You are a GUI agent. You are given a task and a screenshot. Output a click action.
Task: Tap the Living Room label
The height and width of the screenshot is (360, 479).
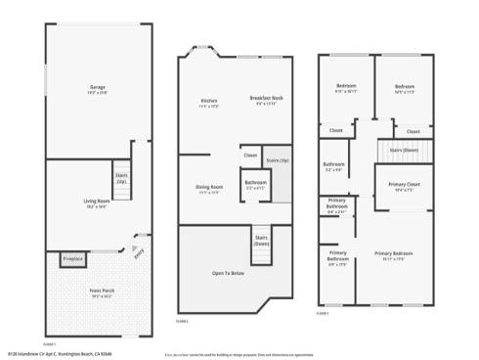(x=96, y=202)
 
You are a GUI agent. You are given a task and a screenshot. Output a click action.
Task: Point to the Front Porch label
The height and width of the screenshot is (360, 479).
(x=97, y=291)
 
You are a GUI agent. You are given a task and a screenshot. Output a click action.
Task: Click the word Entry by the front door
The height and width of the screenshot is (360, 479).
(x=138, y=250)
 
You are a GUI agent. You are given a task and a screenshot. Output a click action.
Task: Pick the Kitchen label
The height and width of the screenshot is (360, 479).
(x=208, y=102)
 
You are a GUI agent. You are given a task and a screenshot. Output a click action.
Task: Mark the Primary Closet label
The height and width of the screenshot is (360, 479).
(x=398, y=186)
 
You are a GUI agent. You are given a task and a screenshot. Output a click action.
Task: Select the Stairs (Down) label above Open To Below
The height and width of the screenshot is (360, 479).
(x=262, y=241)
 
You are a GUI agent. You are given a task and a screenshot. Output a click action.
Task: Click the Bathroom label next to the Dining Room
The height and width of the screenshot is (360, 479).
(x=256, y=184)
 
